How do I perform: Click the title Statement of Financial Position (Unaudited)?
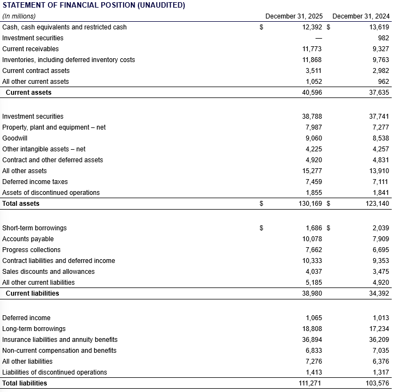pos(94,5)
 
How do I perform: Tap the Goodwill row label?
pos(15,138)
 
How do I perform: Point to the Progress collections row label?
pos(32,250)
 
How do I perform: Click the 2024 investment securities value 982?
pos(383,38)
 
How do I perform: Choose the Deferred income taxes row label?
pos(35,182)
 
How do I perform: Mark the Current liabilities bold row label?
pos(32,293)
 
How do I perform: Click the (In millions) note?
pos(19,16)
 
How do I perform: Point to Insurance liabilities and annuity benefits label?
pos(60,340)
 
